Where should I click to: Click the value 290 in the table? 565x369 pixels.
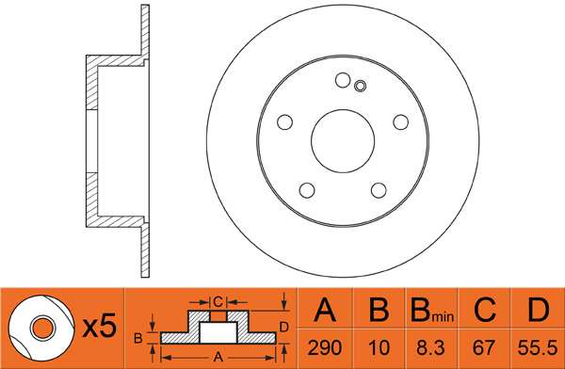coord(325,348)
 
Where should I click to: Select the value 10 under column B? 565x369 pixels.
coord(379,348)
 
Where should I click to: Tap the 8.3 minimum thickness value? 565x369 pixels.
coord(431,348)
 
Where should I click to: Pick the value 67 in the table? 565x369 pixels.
coord(484,348)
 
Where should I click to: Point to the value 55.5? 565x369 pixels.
coord(538,348)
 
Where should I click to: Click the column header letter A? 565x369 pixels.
coord(325,310)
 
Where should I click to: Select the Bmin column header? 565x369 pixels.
coord(431,311)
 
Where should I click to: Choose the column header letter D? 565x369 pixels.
coord(539,310)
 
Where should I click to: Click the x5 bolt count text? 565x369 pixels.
coord(100,326)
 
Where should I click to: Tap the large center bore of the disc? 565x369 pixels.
coord(343,141)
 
